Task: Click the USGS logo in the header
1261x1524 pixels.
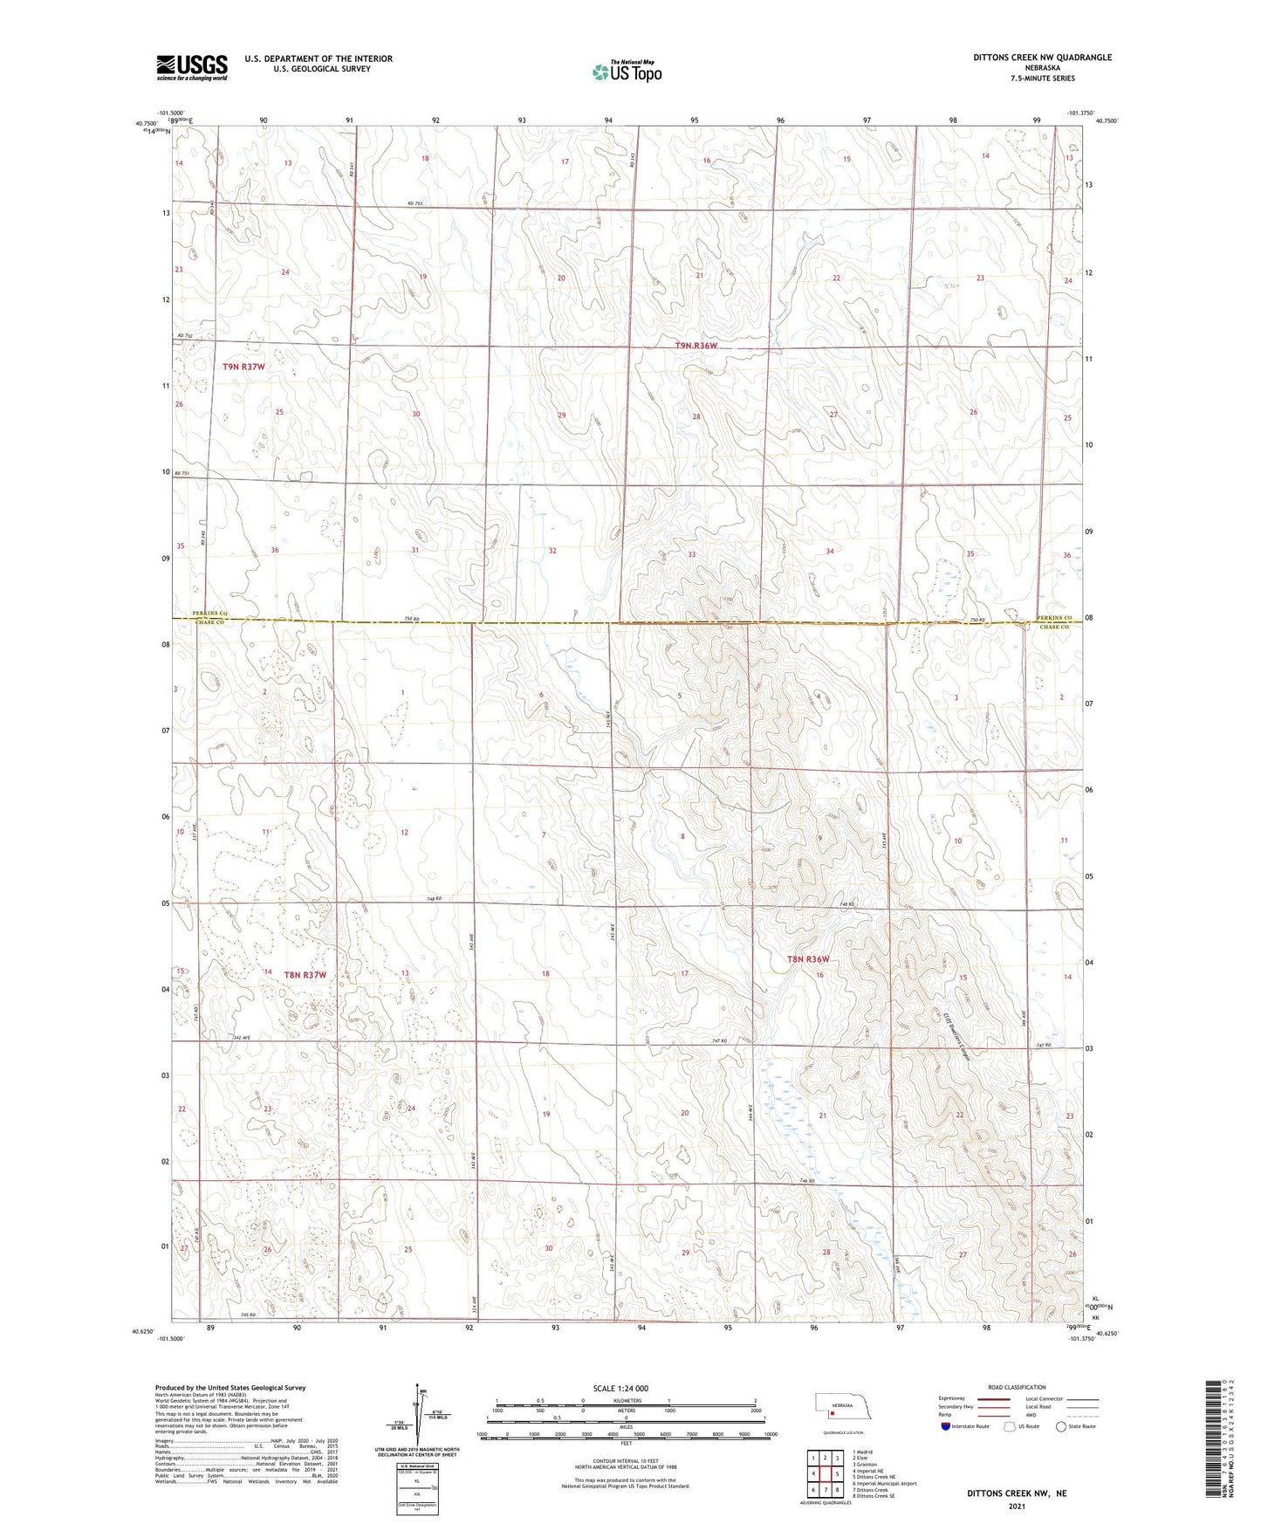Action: pos(192,67)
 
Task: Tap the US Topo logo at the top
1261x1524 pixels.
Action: pos(627,72)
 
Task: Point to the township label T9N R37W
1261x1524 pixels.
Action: pos(243,367)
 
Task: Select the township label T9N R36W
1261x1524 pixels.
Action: pos(696,346)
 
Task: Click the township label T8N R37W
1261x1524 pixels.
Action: pos(305,974)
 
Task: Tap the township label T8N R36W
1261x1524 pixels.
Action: pos(807,959)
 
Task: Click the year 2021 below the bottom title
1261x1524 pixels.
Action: pos(1016,1507)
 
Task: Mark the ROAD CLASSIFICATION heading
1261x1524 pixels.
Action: pos(1016,1387)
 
